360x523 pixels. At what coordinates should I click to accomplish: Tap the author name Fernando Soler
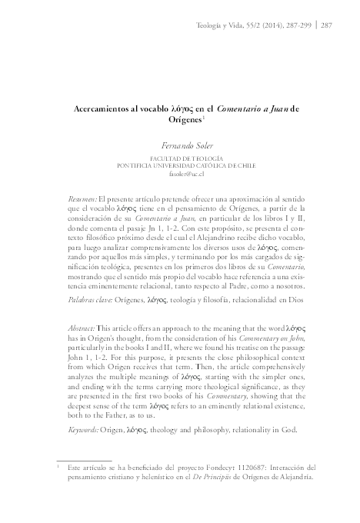[178, 144]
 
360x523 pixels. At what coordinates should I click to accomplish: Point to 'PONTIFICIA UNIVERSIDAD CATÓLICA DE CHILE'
[179, 165]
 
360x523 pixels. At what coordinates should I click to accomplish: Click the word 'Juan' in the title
[279, 108]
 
